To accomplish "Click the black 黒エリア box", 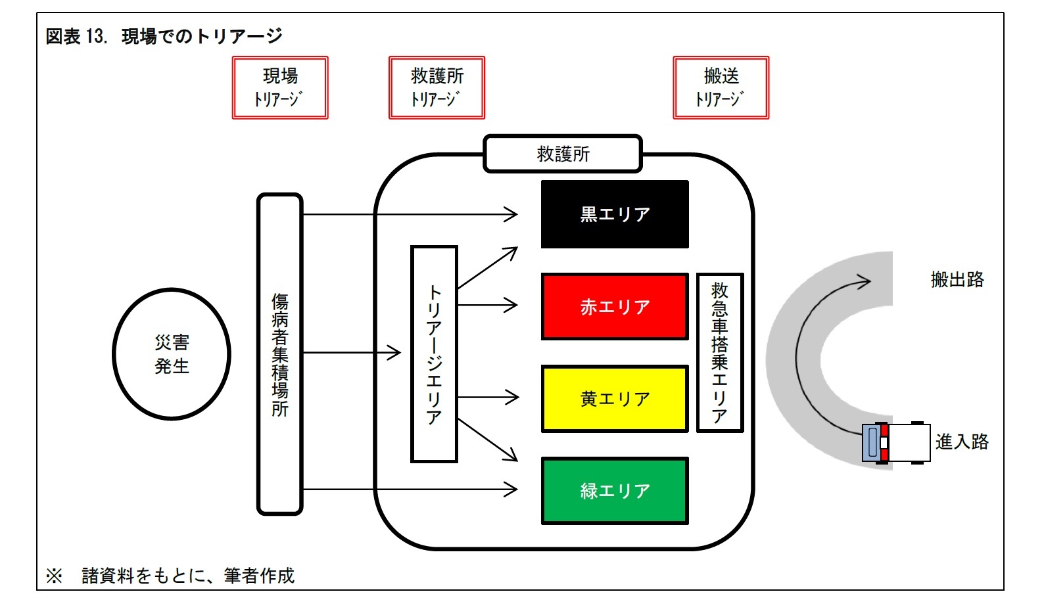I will [x=614, y=214].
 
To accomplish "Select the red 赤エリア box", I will [x=614, y=306].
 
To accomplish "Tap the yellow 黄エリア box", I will [x=614, y=398].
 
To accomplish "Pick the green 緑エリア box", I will [x=614, y=491].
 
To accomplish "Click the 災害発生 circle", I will [x=172, y=354].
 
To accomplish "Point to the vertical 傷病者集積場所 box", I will [x=279, y=354].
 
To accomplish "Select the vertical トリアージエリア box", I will [x=434, y=354].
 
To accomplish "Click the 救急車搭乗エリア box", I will [x=719, y=352].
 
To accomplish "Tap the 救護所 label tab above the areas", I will [x=563, y=154].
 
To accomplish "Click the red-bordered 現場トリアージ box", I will [x=280, y=87].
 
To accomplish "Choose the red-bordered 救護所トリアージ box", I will [x=437, y=87].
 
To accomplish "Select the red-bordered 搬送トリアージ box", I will [x=721, y=87].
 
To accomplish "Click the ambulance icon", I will [x=895, y=442].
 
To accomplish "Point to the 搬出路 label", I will [x=957, y=279].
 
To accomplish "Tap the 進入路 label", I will [x=962, y=442].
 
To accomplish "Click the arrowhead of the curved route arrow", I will [x=865, y=281].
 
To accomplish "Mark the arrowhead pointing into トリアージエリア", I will [x=395, y=353].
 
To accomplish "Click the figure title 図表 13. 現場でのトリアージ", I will [x=164, y=36].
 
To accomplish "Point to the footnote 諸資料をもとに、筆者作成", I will [x=188, y=576].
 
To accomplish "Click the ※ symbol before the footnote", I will [x=54, y=576].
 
